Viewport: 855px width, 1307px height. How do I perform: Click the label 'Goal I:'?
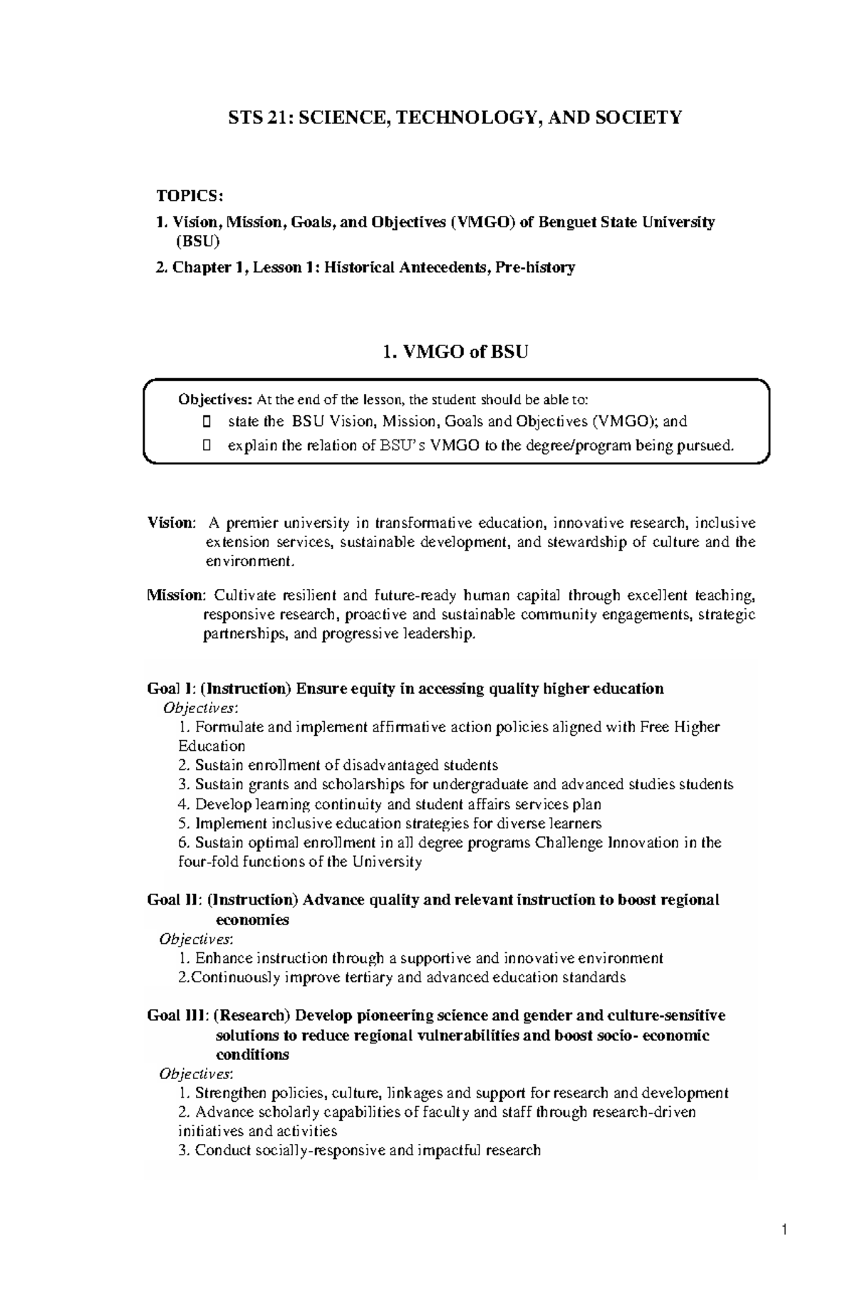(x=170, y=689)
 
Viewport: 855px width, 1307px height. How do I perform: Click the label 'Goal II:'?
(x=172, y=900)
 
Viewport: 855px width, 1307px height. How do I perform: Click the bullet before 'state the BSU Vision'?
(x=207, y=422)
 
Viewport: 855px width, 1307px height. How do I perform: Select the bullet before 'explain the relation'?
(x=207, y=446)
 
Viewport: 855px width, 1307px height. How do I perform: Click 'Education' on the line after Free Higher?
(x=212, y=746)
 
